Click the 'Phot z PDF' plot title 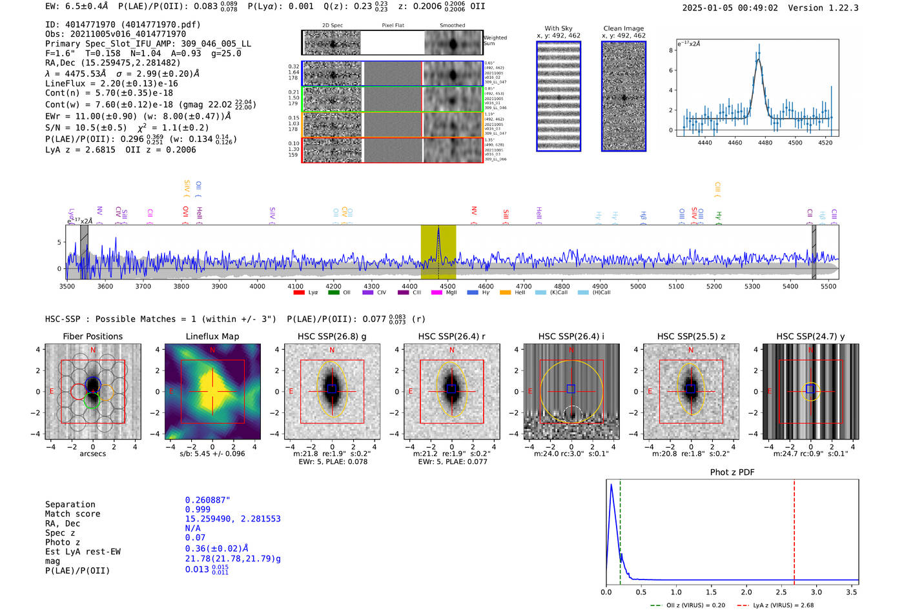tap(732, 472)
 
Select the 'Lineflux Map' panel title tap(212, 336)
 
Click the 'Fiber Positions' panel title tap(93, 336)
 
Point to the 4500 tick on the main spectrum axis tap(447, 286)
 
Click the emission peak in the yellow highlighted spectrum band tap(438, 229)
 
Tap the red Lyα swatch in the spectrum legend tap(299, 293)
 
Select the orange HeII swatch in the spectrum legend tap(505, 293)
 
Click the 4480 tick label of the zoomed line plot tap(765, 143)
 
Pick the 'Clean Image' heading tap(624, 28)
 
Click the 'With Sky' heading tap(559, 28)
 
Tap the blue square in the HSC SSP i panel tap(571, 388)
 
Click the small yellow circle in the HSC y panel tap(811, 390)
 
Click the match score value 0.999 tap(198, 509)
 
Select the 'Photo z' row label tap(63, 542)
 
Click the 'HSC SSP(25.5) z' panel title tap(691, 336)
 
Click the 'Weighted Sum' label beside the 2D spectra tap(495, 41)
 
